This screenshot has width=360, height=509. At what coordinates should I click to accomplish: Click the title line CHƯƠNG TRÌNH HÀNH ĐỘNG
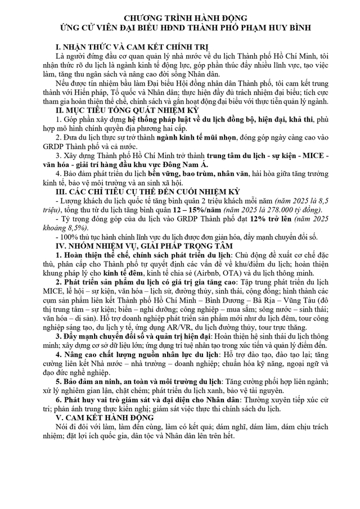pos(180,19)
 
